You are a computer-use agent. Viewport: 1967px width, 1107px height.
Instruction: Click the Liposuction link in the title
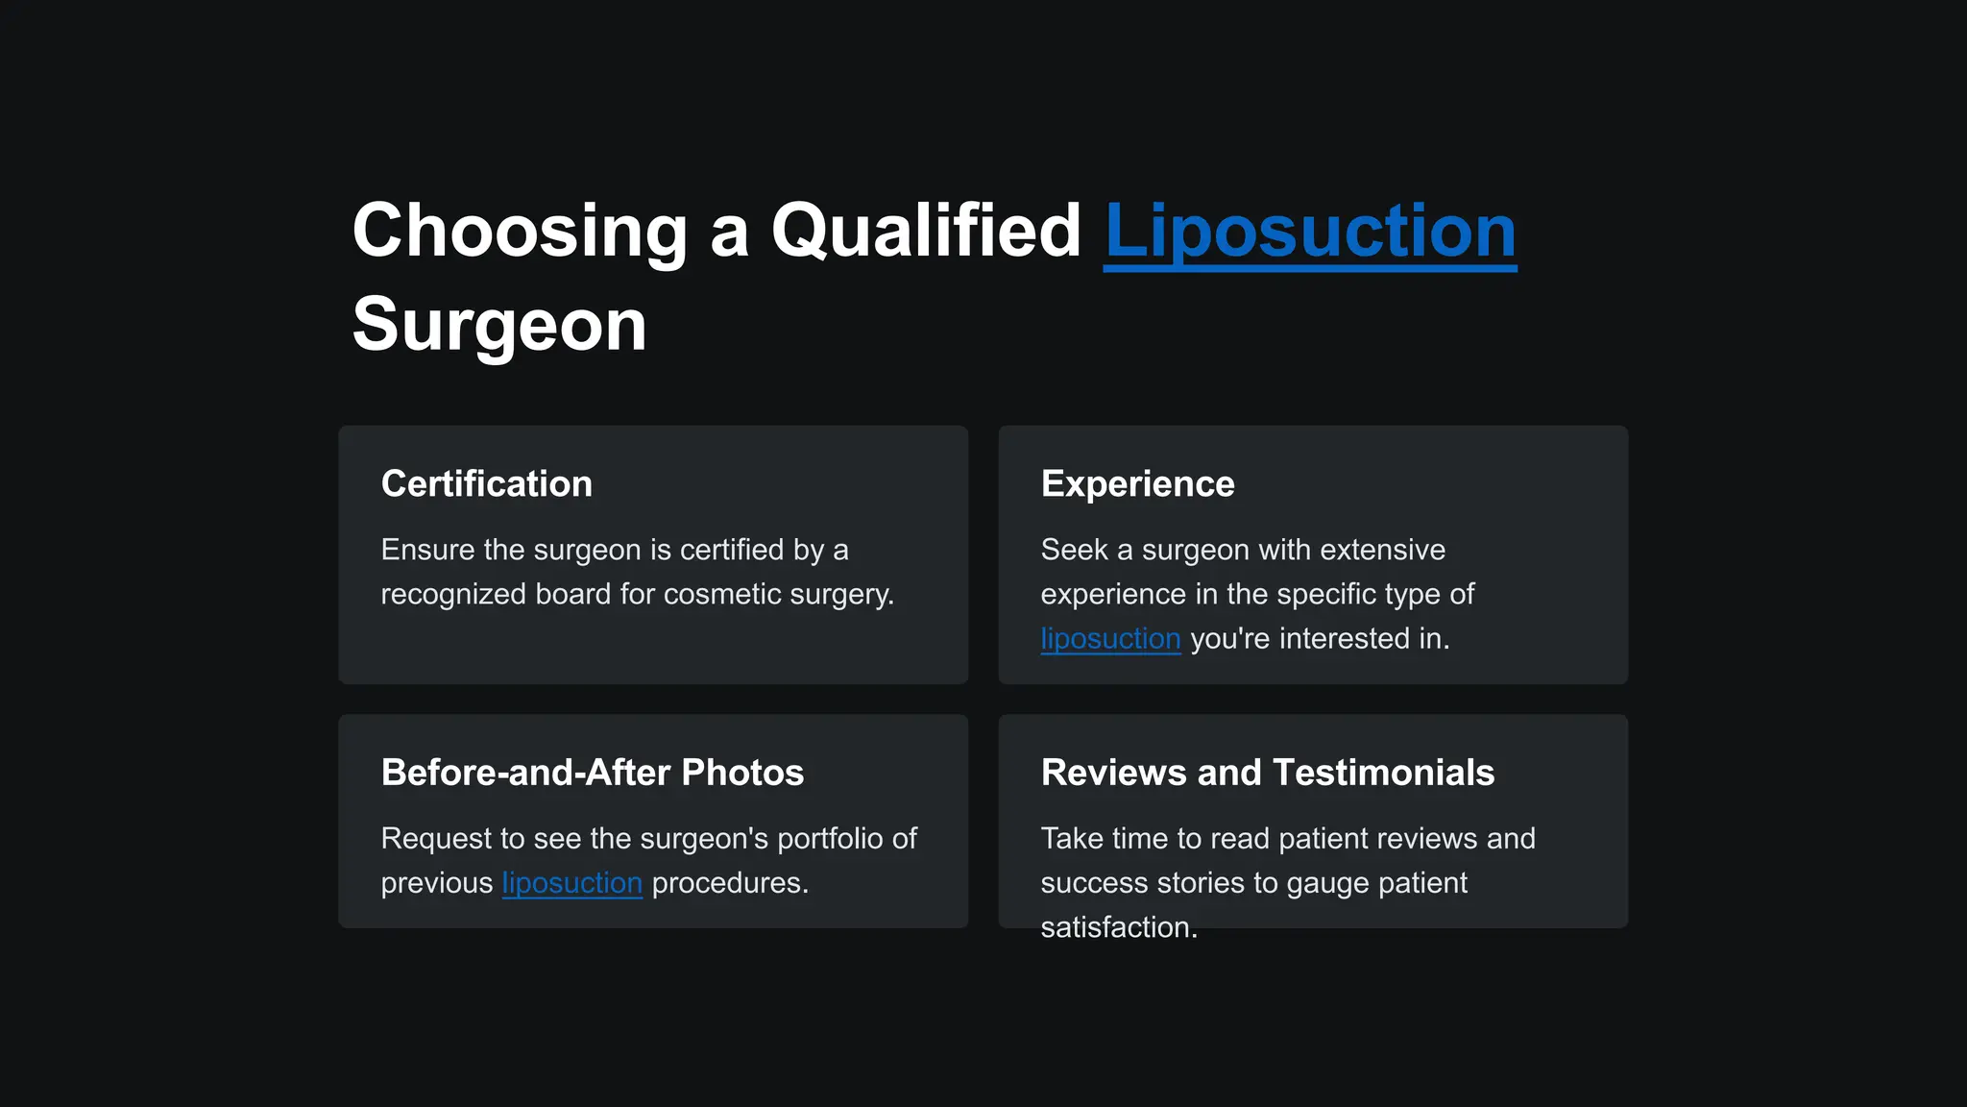[x=1310, y=232]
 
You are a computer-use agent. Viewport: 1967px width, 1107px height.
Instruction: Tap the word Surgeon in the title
[x=499, y=325]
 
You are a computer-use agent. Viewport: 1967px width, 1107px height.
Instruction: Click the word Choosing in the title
[x=520, y=232]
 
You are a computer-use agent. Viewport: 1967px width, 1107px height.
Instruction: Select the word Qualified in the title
[x=926, y=232]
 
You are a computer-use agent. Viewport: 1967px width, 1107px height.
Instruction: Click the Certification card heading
[x=486, y=483]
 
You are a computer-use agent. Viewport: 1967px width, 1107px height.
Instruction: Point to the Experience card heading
[x=1137, y=483]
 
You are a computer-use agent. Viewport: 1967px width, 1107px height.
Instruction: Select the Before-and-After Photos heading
[x=592, y=773]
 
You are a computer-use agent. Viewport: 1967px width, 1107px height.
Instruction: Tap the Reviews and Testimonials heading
[x=1267, y=773]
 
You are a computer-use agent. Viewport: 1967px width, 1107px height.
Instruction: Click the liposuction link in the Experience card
[x=1110, y=639]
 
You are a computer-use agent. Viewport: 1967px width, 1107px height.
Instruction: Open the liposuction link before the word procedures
[x=571, y=883]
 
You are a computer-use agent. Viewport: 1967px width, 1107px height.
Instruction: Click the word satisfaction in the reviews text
[x=1118, y=927]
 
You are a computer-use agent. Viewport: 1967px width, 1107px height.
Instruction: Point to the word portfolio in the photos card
[x=829, y=839]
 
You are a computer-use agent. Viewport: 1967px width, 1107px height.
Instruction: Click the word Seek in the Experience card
[x=1074, y=550]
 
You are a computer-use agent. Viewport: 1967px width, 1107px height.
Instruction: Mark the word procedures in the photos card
[x=729, y=883]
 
